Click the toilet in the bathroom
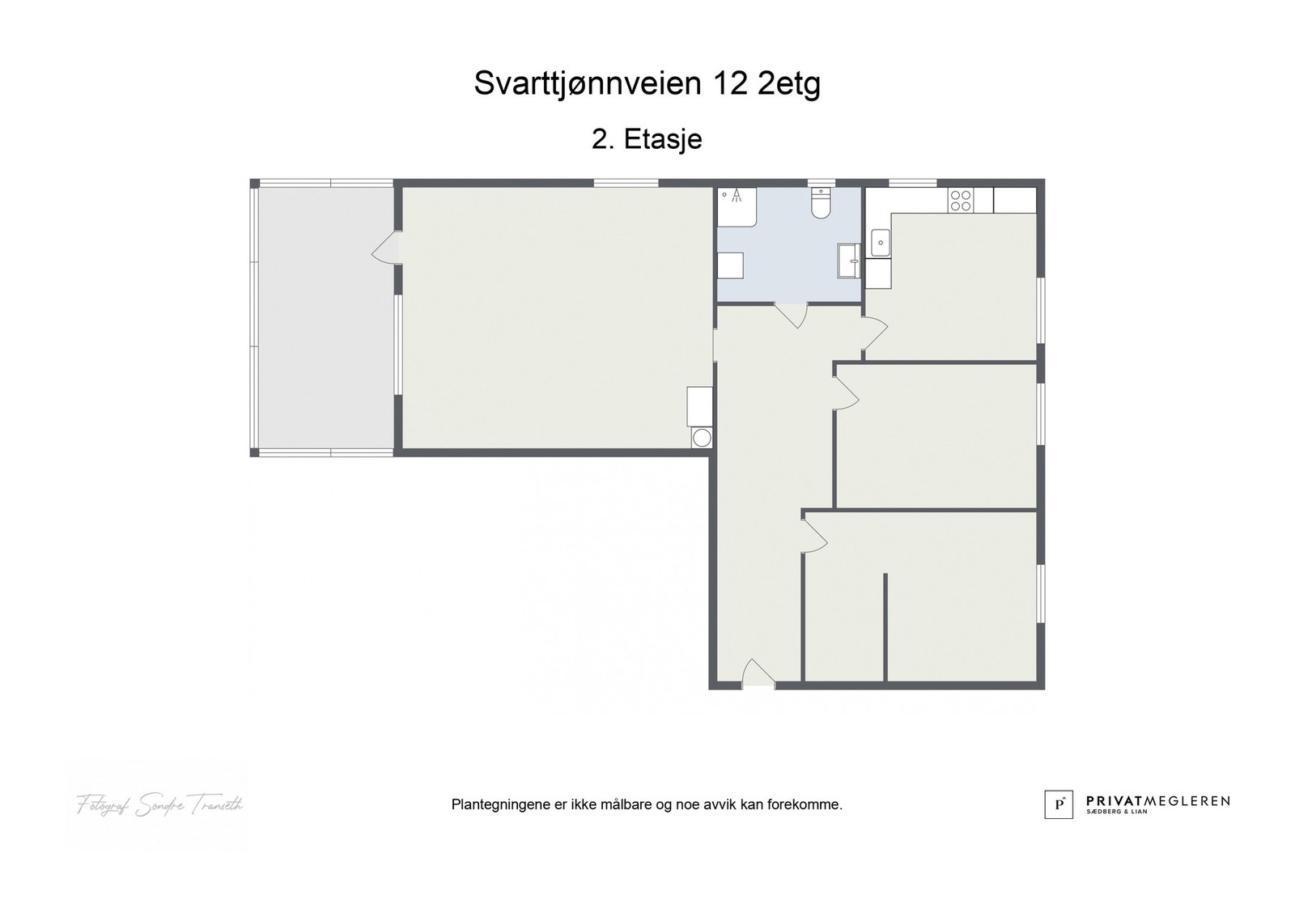821,204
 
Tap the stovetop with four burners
961,200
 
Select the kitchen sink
880,243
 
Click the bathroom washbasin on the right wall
849,261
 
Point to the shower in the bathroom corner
737,206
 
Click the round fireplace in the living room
702,438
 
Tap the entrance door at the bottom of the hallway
757,674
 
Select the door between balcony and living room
387,247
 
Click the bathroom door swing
792,314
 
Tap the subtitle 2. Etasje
647,139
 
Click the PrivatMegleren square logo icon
1058,804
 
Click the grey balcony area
324,316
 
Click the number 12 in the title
730,83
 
